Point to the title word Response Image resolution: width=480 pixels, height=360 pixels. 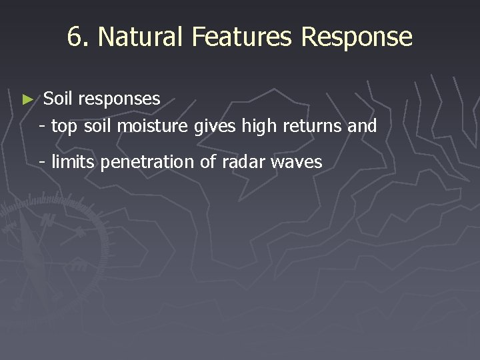click(357, 38)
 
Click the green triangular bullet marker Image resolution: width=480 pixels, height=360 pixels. click(27, 99)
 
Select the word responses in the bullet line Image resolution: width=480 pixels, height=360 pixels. click(119, 99)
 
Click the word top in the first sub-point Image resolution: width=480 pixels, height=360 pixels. click(65, 126)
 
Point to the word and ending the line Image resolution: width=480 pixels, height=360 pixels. click(362, 125)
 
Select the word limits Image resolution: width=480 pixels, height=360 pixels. click(73, 162)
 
